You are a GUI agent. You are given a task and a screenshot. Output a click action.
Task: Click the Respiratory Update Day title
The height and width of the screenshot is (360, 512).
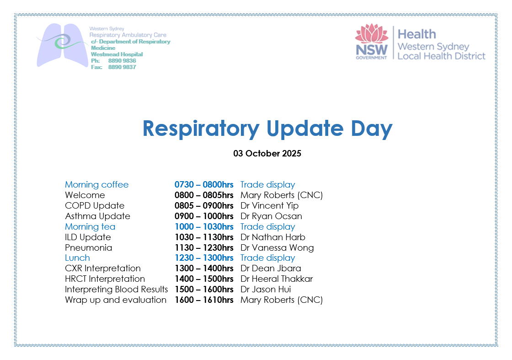[x=267, y=129]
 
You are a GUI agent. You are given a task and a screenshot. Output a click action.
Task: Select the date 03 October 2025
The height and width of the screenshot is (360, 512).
[x=267, y=154]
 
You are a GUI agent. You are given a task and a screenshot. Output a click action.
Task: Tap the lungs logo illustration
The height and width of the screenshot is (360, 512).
[x=62, y=45]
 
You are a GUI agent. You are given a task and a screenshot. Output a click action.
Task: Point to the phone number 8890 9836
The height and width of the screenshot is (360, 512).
[x=122, y=61]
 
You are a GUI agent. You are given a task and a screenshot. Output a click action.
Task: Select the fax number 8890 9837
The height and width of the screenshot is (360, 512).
[x=122, y=67]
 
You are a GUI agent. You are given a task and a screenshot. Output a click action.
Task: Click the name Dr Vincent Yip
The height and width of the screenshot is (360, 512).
[x=269, y=206]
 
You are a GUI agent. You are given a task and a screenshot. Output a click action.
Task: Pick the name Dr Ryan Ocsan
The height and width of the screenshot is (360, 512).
[x=271, y=216]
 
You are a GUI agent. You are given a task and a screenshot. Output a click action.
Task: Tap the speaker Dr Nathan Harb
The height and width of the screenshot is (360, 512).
[x=272, y=237]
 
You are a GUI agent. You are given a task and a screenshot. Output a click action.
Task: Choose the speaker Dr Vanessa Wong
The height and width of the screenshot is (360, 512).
[x=277, y=247]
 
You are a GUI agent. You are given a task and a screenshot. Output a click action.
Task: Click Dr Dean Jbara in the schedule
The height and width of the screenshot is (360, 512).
[x=271, y=268]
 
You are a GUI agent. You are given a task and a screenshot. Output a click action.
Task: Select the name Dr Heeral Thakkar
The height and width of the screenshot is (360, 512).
[x=277, y=279]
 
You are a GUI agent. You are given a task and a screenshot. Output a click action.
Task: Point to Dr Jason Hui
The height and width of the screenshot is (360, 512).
[x=266, y=289]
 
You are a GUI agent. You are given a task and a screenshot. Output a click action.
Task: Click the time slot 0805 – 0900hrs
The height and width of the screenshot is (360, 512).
[x=204, y=206]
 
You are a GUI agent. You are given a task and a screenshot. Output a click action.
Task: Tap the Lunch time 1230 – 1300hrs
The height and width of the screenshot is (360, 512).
[x=204, y=258]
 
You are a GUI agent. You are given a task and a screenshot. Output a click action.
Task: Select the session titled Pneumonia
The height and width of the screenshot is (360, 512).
[x=89, y=247]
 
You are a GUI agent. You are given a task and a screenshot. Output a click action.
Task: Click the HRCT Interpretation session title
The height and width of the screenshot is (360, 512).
[x=105, y=279]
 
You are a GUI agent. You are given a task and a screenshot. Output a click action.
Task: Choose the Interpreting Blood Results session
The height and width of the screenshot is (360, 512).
[x=116, y=290]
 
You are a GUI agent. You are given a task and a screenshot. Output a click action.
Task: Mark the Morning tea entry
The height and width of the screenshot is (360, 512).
[x=90, y=227]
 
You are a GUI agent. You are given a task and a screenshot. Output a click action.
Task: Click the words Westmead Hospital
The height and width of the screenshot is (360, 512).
[x=117, y=54]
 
